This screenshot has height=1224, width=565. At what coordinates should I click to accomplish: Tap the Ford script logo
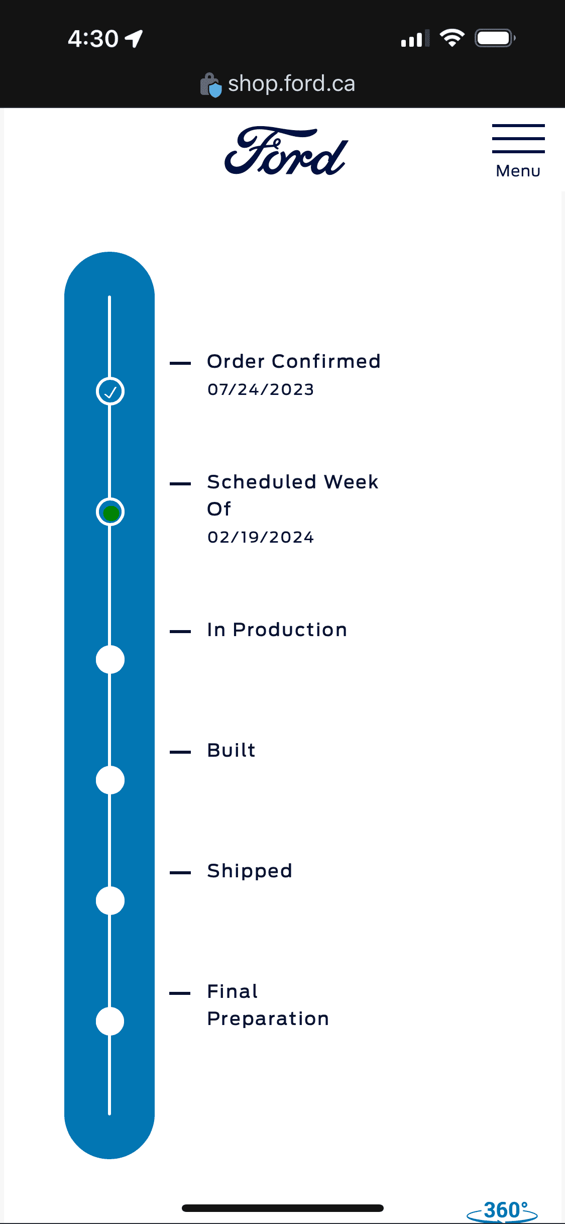[x=286, y=151]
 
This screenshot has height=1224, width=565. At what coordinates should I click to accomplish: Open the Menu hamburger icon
[x=518, y=139]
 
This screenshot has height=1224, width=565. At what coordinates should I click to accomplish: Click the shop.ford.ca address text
[x=291, y=83]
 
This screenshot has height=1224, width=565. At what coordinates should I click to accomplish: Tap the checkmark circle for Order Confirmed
[x=110, y=391]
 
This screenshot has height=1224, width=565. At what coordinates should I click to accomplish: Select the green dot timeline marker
[x=110, y=512]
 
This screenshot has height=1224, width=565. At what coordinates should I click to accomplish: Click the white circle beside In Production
[x=110, y=659]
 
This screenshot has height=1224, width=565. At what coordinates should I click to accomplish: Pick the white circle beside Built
[x=110, y=780]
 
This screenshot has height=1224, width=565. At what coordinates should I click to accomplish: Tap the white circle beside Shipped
[x=110, y=900]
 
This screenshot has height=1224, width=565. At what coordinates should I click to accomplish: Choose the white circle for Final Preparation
[x=110, y=1021]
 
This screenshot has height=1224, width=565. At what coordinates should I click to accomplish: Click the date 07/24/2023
[x=261, y=389]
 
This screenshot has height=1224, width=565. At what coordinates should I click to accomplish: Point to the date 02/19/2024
[x=261, y=537]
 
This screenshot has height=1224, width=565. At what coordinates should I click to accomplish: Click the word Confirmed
[x=326, y=361]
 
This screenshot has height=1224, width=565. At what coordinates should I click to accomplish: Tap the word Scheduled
[x=262, y=482]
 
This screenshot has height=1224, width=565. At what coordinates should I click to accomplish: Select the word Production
[x=290, y=630]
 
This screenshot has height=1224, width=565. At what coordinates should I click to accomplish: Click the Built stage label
[x=232, y=750]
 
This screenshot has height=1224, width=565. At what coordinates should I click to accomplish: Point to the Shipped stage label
[x=250, y=871]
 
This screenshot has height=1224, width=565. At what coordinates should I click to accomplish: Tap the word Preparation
[x=268, y=1019]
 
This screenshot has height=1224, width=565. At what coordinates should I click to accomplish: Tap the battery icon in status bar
[x=495, y=38]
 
